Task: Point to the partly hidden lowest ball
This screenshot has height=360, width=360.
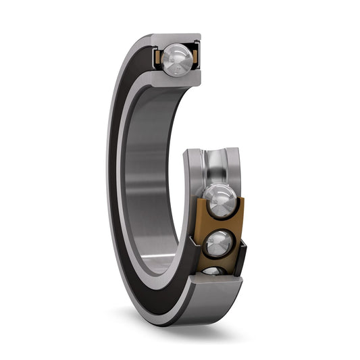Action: (213, 271)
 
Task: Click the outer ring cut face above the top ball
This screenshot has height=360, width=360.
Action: (177, 38)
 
